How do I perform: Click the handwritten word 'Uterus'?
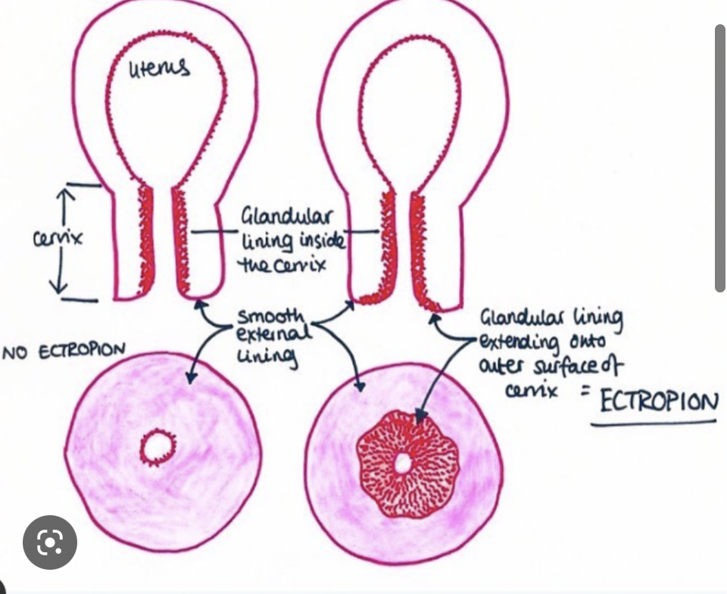pos(159,70)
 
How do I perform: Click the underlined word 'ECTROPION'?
pos(658,401)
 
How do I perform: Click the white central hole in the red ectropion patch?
pos(402,462)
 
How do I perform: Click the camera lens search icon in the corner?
pos(49,542)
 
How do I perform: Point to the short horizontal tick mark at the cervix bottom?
pos(81,300)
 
